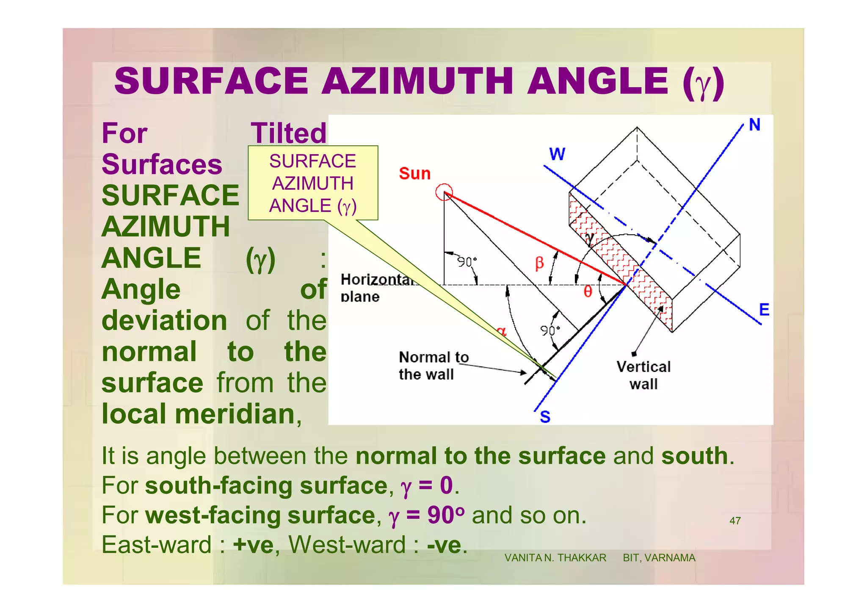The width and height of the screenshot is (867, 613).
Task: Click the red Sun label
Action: (414, 174)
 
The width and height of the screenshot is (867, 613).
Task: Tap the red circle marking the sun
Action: (444, 192)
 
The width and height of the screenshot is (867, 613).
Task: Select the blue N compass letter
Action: (754, 125)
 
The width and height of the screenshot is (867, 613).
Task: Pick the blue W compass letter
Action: (557, 154)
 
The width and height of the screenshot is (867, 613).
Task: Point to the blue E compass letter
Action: (764, 310)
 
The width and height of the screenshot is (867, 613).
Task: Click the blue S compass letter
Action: (545, 417)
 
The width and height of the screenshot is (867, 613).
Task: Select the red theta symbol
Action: (588, 291)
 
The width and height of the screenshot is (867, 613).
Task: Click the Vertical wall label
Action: (643, 375)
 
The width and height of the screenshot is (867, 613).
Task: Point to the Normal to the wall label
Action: (433, 366)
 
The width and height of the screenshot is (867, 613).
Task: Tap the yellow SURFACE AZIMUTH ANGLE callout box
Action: (313, 183)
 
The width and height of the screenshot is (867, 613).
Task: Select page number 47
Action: (735, 521)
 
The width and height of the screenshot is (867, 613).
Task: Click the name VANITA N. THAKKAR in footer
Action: (555, 558)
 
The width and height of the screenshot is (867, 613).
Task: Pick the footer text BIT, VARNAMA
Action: (659, 558)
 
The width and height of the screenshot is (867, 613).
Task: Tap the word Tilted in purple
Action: (289, 133)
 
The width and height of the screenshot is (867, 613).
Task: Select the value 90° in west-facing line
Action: (446, 515)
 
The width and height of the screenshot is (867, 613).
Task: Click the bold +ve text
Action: (253, 545)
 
